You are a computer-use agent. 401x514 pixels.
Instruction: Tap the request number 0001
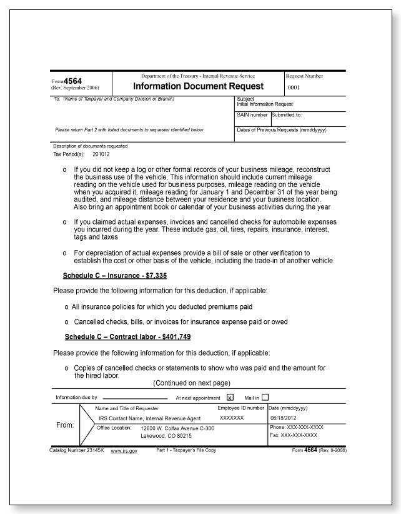296,88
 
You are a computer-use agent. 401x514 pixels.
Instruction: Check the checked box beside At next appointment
230,397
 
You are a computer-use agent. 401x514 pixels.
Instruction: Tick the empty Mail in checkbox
265,397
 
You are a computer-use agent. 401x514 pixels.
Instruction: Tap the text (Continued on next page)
192,382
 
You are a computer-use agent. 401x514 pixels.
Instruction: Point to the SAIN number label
252,115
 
